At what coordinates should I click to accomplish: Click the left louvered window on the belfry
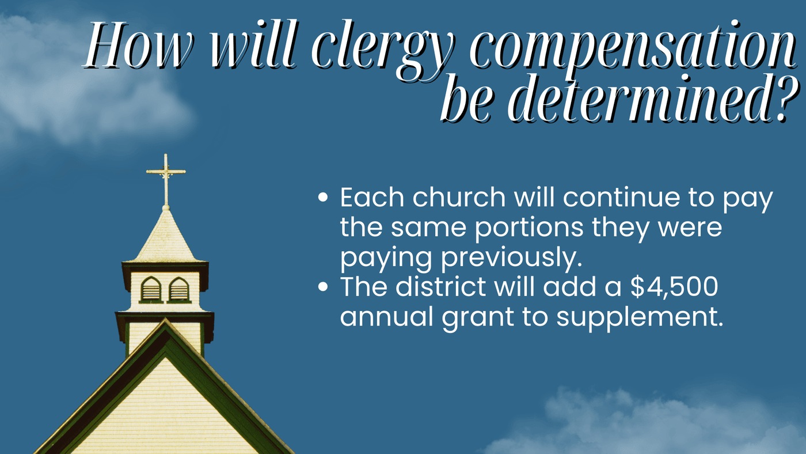(151, 289)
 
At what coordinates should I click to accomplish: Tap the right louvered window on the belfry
(179, 289)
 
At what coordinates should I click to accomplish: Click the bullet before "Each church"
(323, 197)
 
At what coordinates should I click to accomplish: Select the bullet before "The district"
(323, 287)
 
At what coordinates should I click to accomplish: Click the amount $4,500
(674, 287)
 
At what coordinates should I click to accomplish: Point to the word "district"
(440, 287)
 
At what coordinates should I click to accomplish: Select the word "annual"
(386, 317)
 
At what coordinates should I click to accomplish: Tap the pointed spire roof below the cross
(166, 237)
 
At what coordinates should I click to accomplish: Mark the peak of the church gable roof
(166, 320)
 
